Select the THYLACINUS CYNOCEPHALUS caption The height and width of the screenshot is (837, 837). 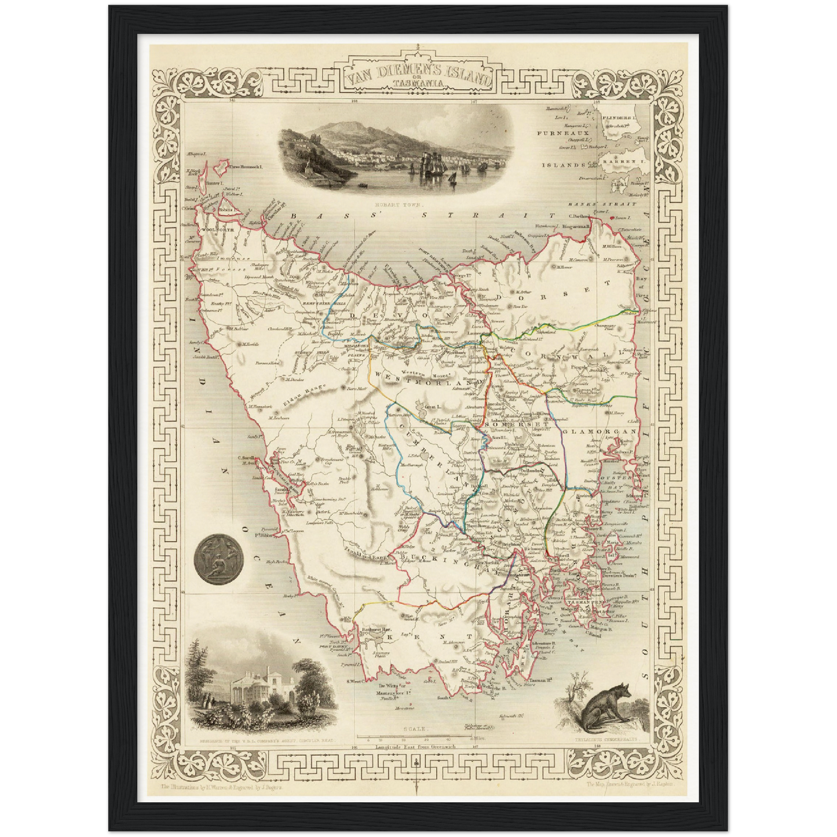(x=602, y=740)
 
